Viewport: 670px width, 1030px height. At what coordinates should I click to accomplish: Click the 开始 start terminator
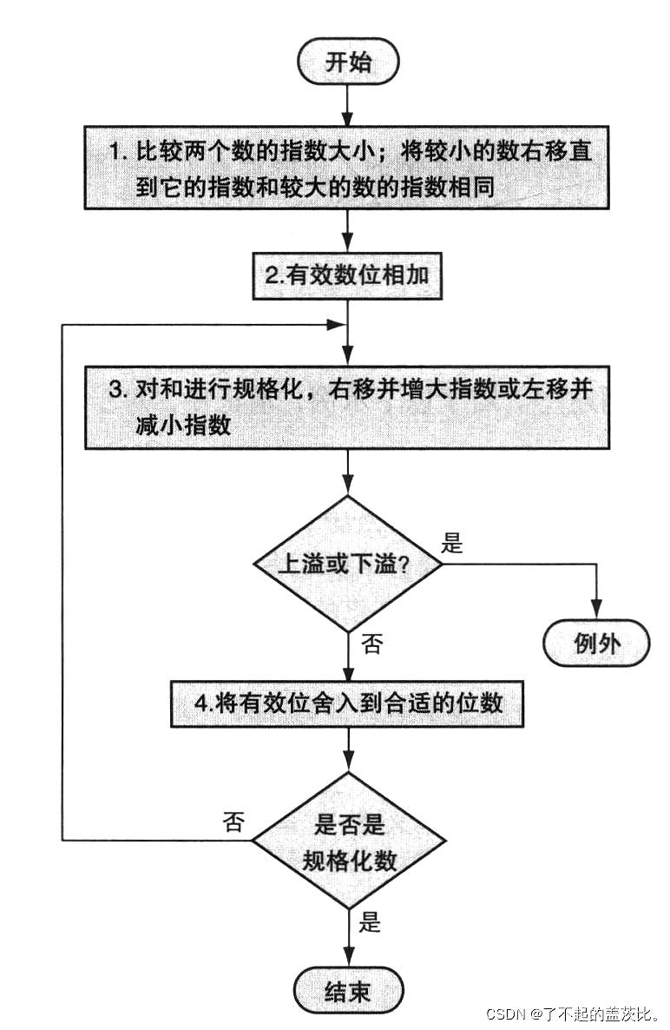tap(347, 63)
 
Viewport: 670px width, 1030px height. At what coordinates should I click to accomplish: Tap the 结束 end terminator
tap(347, 991)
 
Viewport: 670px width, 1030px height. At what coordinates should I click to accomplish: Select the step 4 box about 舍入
tap(347, 703)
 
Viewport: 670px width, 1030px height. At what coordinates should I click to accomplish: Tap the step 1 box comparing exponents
tap(347, 167)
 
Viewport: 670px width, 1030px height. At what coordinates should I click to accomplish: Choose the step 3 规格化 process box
tap(347, 406)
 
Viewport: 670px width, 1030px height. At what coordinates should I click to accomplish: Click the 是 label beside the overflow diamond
tap(453, 545)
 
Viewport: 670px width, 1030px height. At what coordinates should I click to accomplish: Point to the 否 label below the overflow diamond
tap(371, 644)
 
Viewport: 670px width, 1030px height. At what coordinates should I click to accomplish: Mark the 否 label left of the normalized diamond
tap(233, 822)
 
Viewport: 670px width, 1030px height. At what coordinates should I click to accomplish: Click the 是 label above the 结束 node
tap(371, 921)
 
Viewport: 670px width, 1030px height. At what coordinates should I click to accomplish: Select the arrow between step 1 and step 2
tap(347, 231)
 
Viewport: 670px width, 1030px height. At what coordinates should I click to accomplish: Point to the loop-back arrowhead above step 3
tap(337, 323)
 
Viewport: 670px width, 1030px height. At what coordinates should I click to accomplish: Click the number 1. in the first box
tap(118, 151)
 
